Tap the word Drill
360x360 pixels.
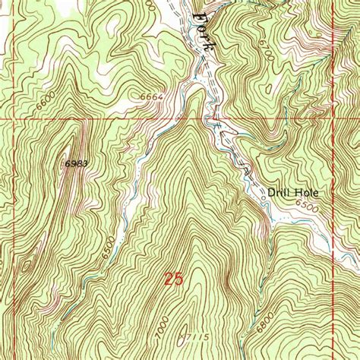(x=280, y=193)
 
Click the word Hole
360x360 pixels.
(x=307, y=193)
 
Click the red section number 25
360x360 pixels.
(x=173, y=279)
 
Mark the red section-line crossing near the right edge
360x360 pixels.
(x=335, y=119)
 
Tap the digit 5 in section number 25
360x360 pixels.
(x=178, y=279)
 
